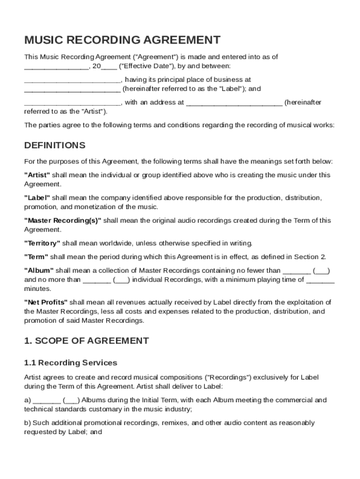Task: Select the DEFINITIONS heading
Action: [x=55, y=145]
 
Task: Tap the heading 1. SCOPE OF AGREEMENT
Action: [x=86, y=341]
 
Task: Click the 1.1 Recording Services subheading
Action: [x=71, y=363]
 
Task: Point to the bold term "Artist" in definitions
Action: [x=37, y=175]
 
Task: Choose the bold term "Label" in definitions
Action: [x=37, y=197]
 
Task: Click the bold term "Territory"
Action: [x=42, y=243]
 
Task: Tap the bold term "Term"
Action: [x=36, y=257]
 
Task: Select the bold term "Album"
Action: [x=39, y=270]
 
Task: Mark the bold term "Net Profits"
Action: [x=46, y=302]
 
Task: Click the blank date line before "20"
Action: [x=56, y=66]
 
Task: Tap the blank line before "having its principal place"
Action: [x=72, y=80]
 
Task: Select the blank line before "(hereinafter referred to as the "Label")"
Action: [x=72, y=89]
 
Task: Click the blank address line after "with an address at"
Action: [x=234, y=102]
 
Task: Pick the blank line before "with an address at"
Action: [x=72, y=102]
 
